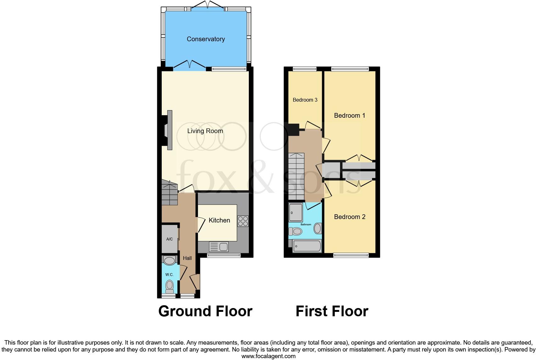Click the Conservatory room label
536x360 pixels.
click(206, 39)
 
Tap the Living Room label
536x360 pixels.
click(205, 131)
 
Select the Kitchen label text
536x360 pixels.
click(219, 220)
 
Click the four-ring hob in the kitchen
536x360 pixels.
click(243, 221)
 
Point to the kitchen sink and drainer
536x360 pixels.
click(219, 247)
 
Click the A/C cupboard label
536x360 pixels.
click(170, 239)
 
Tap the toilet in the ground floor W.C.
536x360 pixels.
click(170, 286)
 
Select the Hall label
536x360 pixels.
click(187, 258)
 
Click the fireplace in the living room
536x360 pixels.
click(169, 130)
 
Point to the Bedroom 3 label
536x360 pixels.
click(305, 100)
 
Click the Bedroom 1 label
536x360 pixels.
click(349, 115)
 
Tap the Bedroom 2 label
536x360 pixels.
click(349, 217)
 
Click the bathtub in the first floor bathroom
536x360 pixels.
click(307, 246)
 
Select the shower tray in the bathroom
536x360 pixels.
click(296, 212)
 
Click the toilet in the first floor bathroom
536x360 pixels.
click(296, 232)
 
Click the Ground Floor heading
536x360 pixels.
click(205, 311)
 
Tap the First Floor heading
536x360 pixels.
click(332, 311)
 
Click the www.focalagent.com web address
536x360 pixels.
click(268, 356)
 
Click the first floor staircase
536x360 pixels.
click(296, 176)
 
